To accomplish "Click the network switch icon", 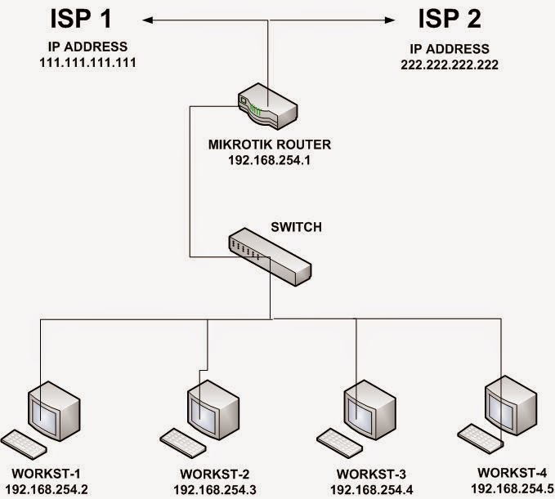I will coord(270,254).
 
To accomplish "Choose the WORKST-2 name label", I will coord(209,474).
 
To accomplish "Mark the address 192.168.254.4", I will coord(371,489).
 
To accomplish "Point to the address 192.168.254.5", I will coord(512,488).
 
